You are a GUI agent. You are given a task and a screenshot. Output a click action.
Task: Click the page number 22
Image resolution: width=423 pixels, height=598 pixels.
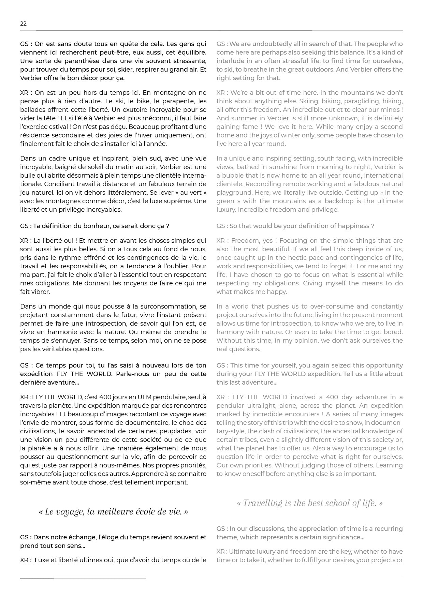pos(23,24)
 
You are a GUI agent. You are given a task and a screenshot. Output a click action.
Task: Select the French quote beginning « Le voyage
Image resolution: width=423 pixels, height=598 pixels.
pos(113,512)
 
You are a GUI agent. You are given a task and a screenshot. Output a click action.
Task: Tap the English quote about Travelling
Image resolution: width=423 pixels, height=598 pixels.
pos(309,503)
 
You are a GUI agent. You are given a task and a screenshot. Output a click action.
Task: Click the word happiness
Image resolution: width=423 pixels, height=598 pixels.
pos(354,226)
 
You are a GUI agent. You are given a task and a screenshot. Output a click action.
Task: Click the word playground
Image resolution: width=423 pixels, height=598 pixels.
pos(234,193)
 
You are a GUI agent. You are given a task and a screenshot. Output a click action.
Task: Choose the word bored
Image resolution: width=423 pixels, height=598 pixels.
pos(394,332)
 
